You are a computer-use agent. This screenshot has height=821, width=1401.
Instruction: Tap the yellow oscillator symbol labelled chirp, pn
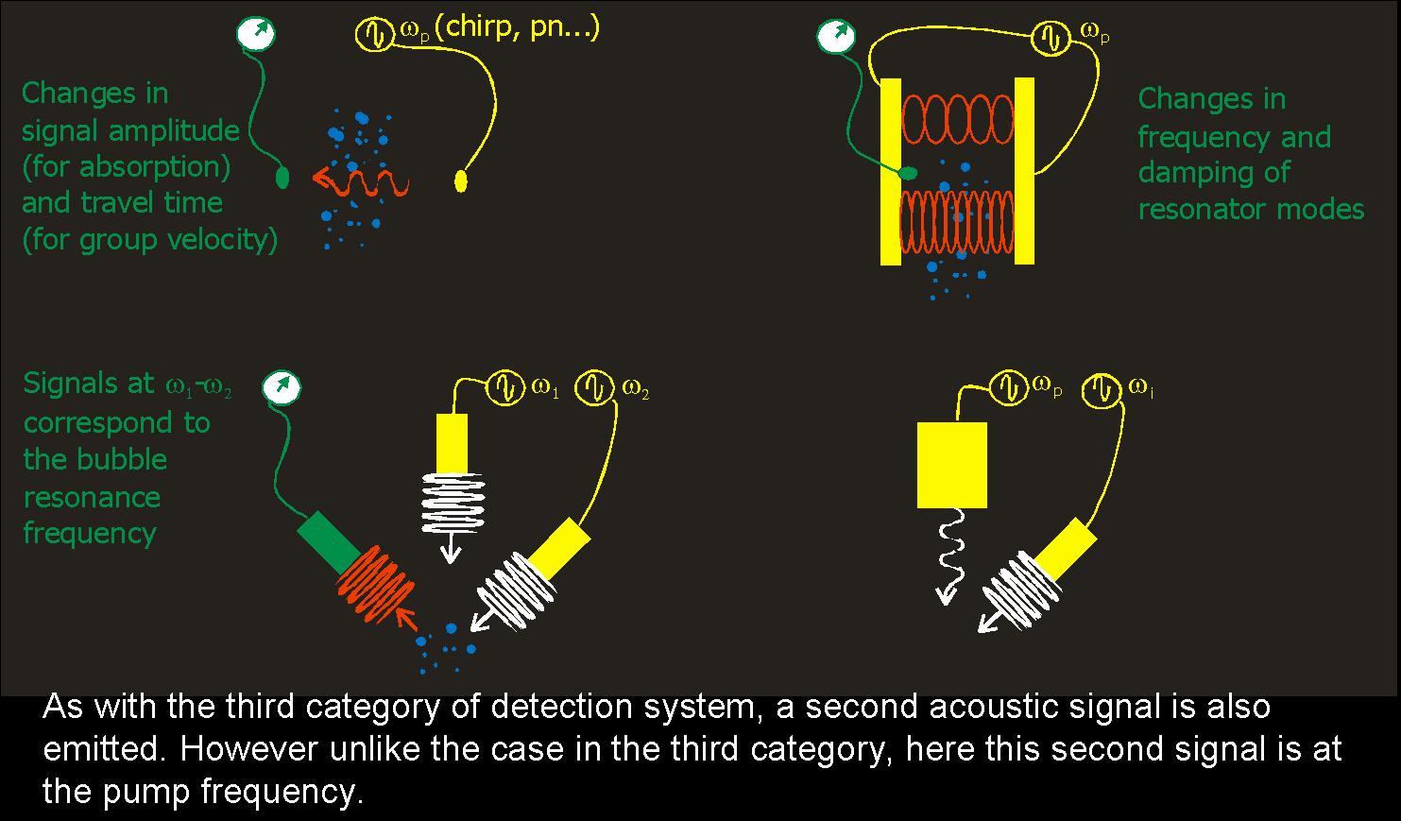pos(373,35)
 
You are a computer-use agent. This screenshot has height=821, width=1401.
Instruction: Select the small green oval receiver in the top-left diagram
pos(282,177)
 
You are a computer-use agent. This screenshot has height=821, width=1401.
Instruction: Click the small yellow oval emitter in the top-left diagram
pos(461,180)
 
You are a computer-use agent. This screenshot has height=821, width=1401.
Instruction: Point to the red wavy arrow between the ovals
pos(360,179)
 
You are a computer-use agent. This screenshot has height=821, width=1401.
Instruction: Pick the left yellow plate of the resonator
pos(891,171)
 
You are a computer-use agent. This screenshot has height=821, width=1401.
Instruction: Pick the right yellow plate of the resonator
pos(1024,171)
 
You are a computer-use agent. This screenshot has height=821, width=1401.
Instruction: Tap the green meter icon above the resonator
pos(833,37)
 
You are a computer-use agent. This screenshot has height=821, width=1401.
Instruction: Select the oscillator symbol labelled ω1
pos(504,386)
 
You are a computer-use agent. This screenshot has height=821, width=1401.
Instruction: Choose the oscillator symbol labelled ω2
pos(595,386)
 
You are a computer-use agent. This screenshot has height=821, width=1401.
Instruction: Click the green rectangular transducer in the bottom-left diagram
pos(329,541)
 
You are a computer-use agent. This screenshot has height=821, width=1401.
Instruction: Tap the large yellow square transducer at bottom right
pos(952,465)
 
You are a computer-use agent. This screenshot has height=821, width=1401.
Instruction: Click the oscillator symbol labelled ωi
pos(1101,387)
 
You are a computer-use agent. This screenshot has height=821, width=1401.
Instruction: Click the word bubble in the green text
pos(122,460)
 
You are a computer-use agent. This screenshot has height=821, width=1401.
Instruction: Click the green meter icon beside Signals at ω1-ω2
pos(282,386)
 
